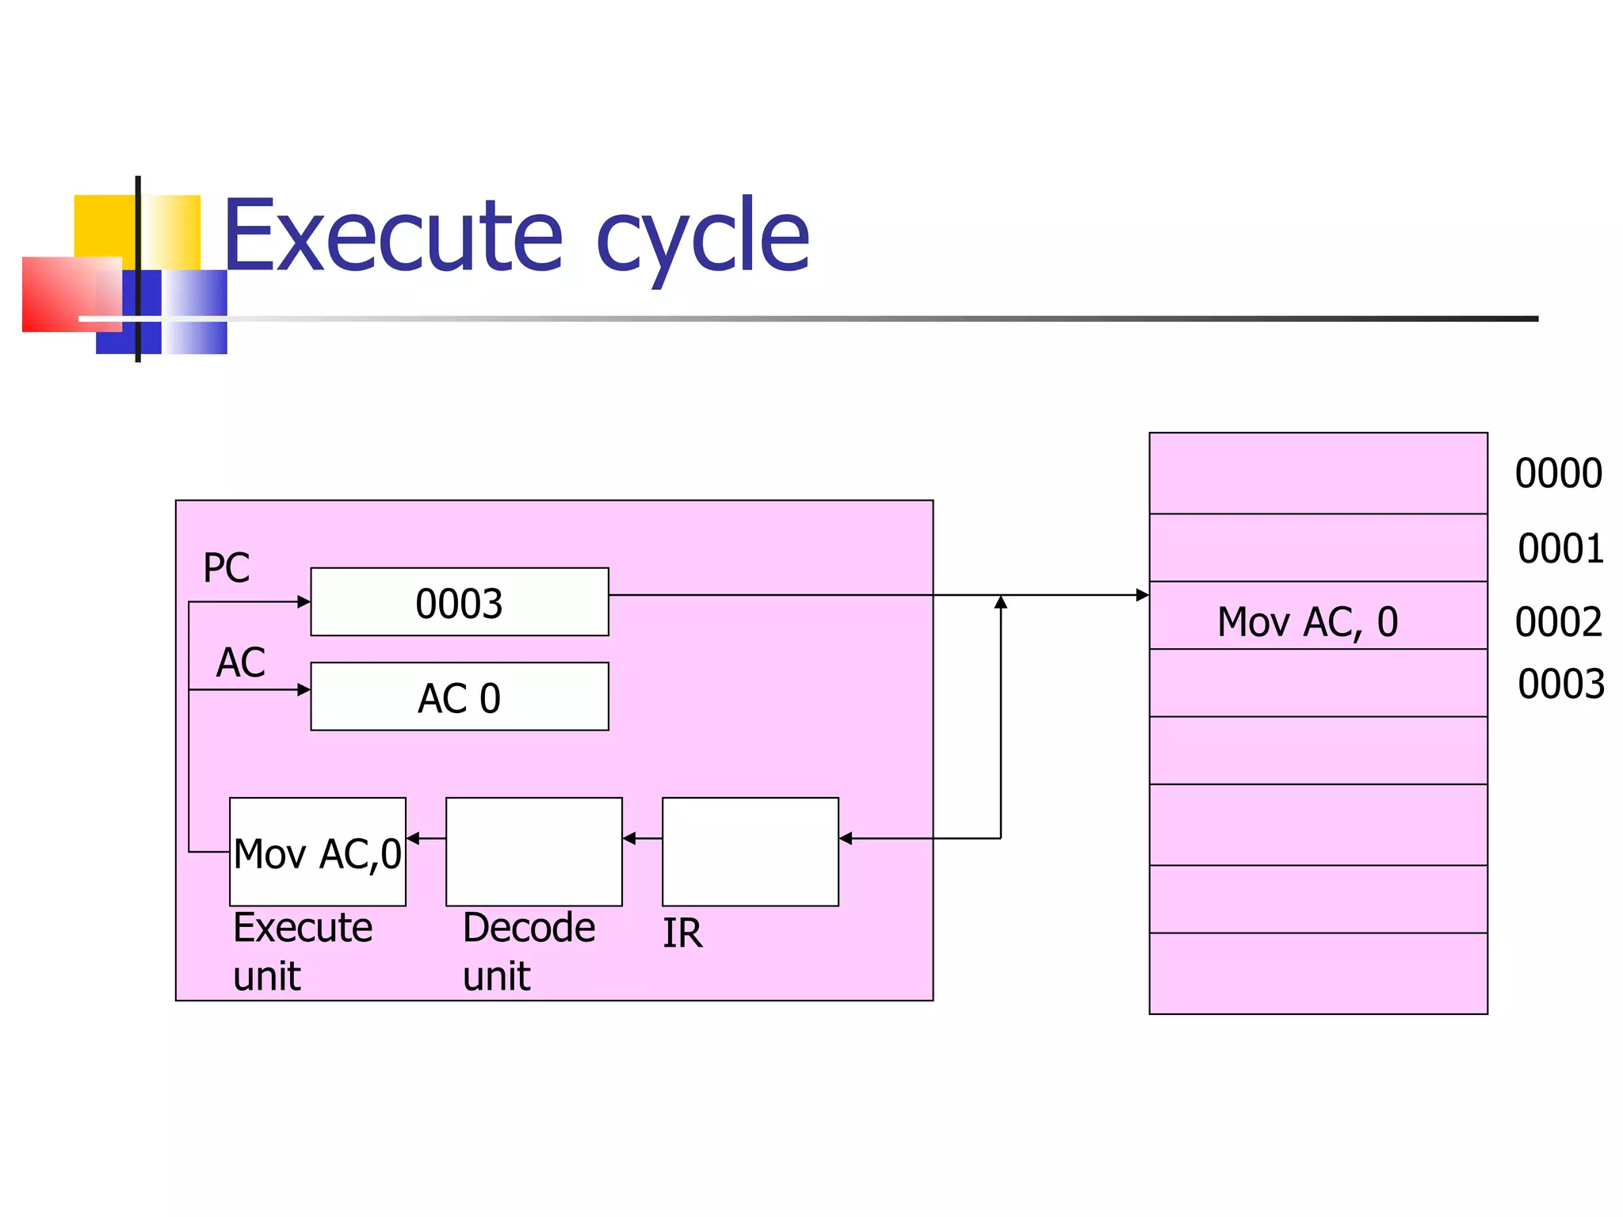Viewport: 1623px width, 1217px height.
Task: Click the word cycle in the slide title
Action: (702, 238)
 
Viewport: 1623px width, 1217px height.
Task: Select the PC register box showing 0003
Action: (459, 602)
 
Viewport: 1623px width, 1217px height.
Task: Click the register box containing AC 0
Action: (459, 696)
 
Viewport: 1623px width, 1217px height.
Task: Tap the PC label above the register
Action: (226, 568)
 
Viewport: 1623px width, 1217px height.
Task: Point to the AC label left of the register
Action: (240, 662)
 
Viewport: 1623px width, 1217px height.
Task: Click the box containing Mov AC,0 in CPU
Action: (317, 852)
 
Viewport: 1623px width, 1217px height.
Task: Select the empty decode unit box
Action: (533, 852)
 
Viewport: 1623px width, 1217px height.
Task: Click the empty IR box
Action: (750, 852)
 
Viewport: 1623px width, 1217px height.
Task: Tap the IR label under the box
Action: (682, 933)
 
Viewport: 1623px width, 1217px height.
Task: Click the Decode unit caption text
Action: (528, 951)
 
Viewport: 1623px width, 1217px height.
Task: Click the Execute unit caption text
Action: (302, 951)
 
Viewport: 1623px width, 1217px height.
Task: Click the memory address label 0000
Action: (1558, 474)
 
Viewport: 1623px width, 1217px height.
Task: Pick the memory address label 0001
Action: (1560, 548)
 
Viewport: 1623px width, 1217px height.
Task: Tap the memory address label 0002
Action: (1558, 622)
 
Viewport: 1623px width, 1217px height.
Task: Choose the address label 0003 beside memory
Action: (1560, 684)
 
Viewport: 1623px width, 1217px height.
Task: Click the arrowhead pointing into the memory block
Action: (1142, 595)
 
